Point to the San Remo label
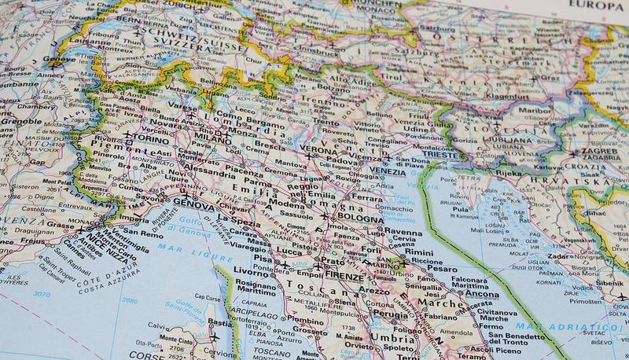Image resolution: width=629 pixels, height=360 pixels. click(146, 233)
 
